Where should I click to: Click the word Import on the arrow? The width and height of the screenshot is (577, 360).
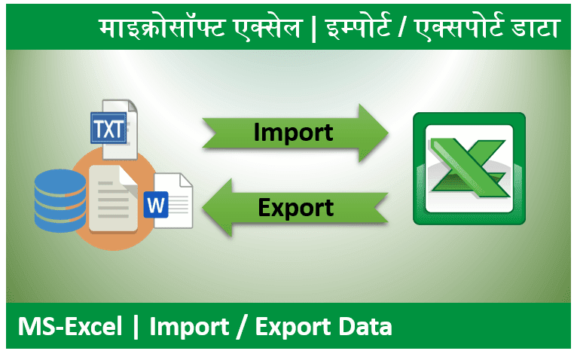click(294, 133)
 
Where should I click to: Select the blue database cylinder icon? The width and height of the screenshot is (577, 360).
click(60, 200)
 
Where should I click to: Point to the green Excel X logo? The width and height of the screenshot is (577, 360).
click(468, 169)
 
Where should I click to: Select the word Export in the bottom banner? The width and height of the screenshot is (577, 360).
click(289, 327)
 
